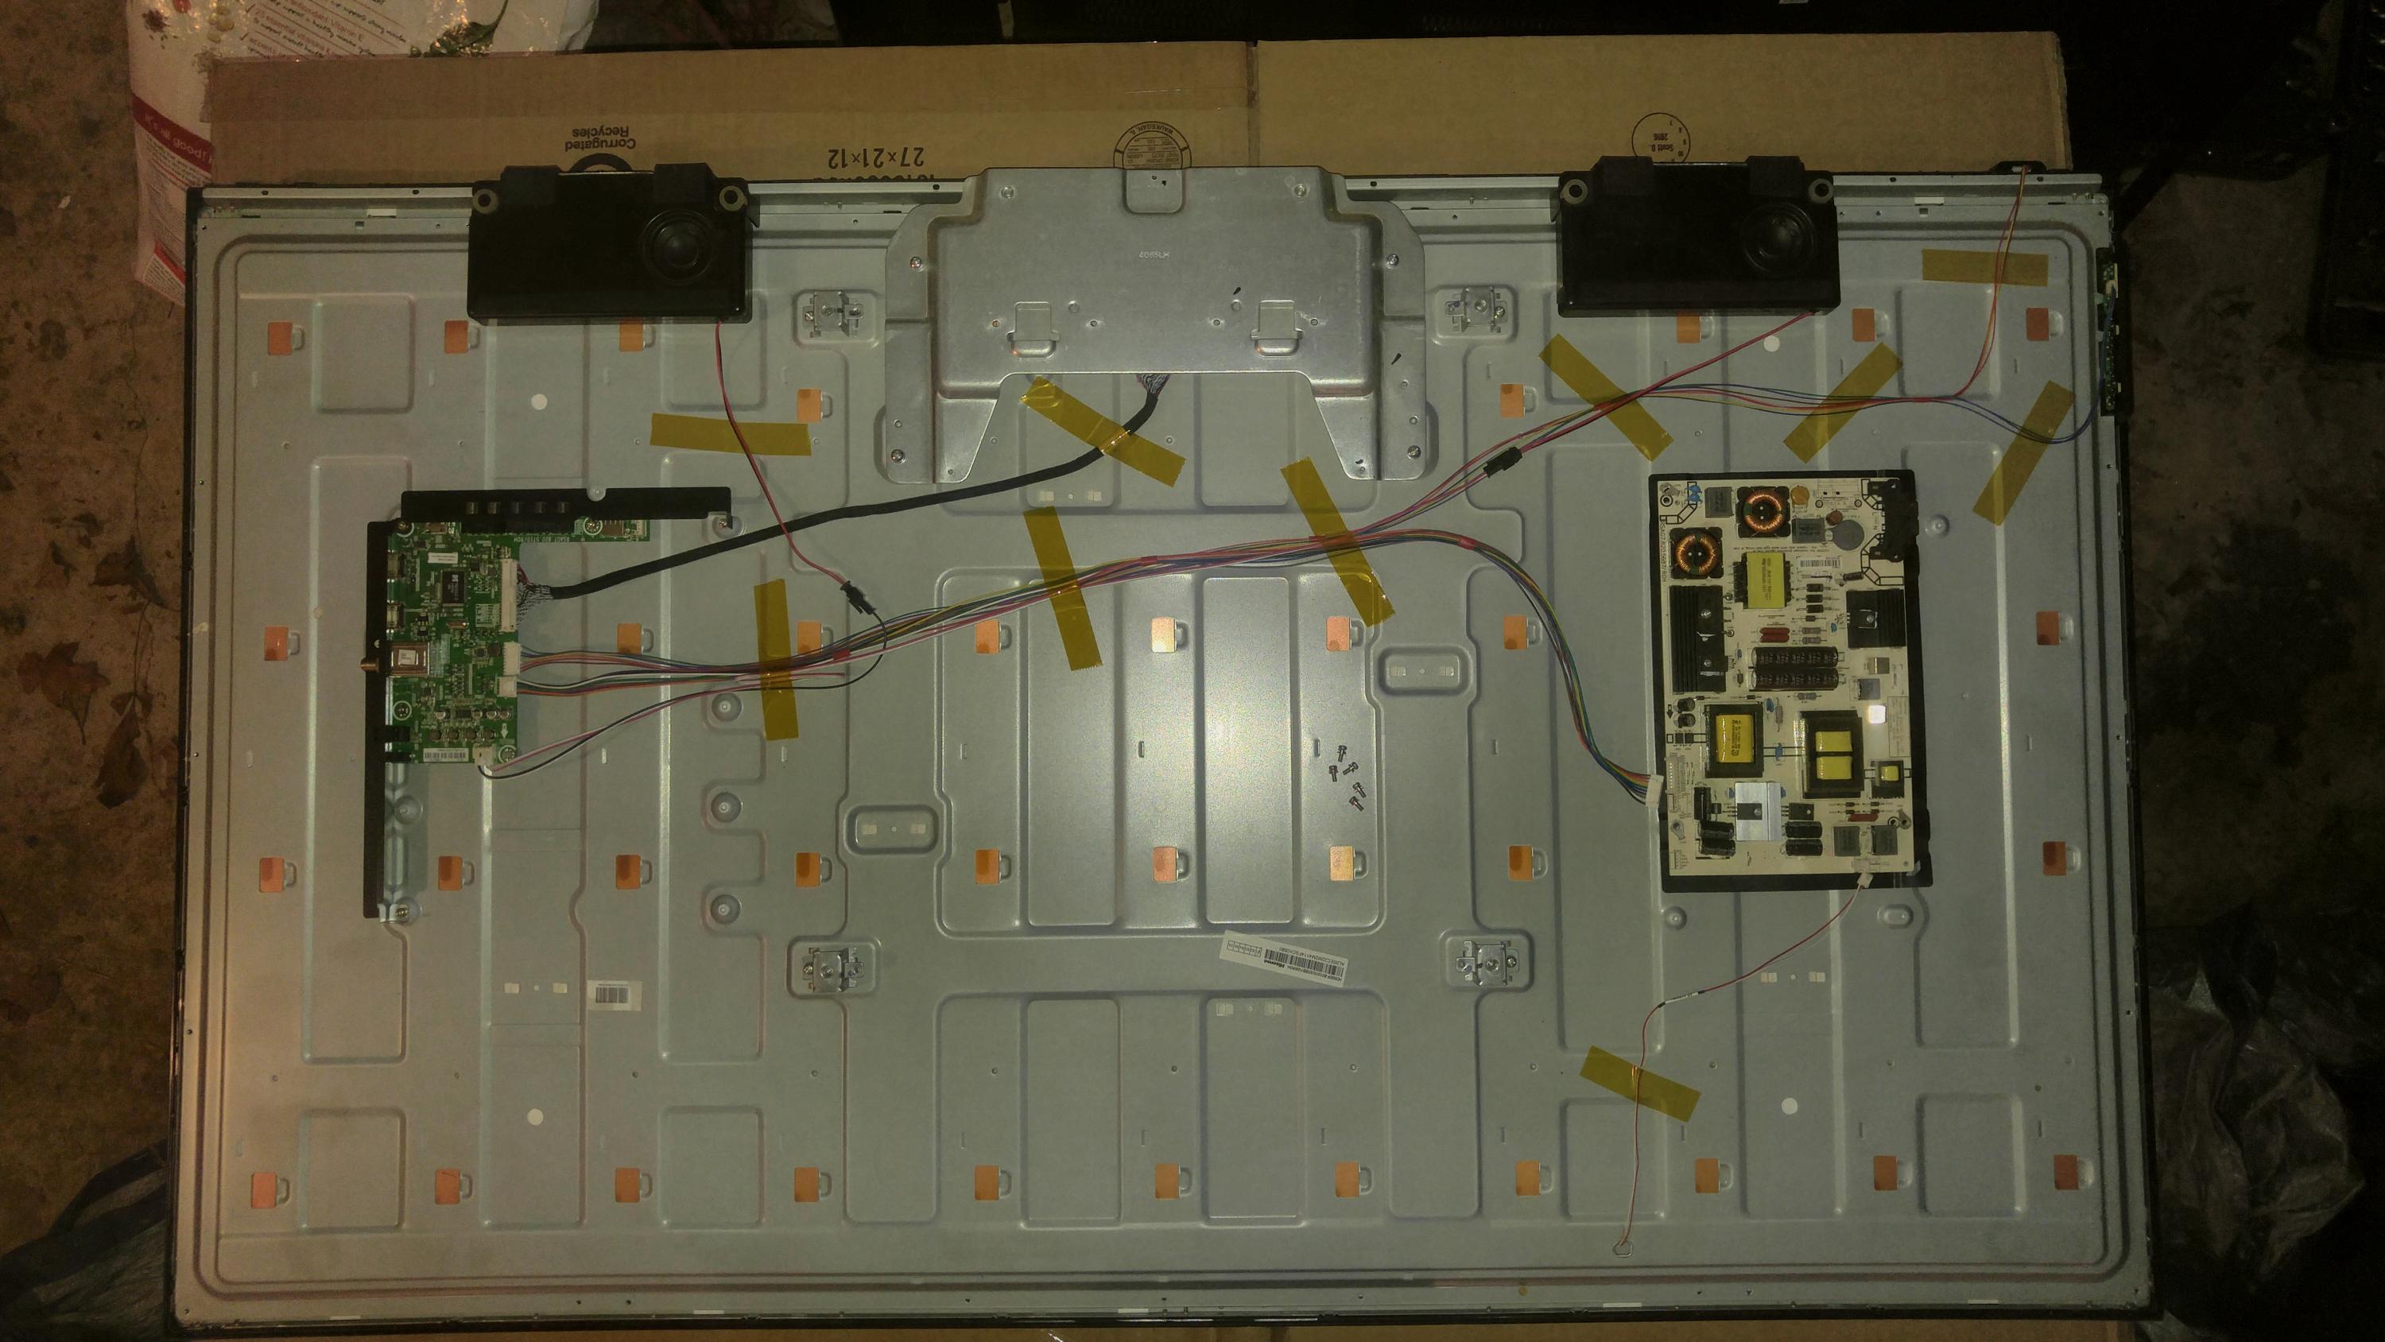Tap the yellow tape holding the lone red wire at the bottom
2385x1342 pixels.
tap(1642, 1084)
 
